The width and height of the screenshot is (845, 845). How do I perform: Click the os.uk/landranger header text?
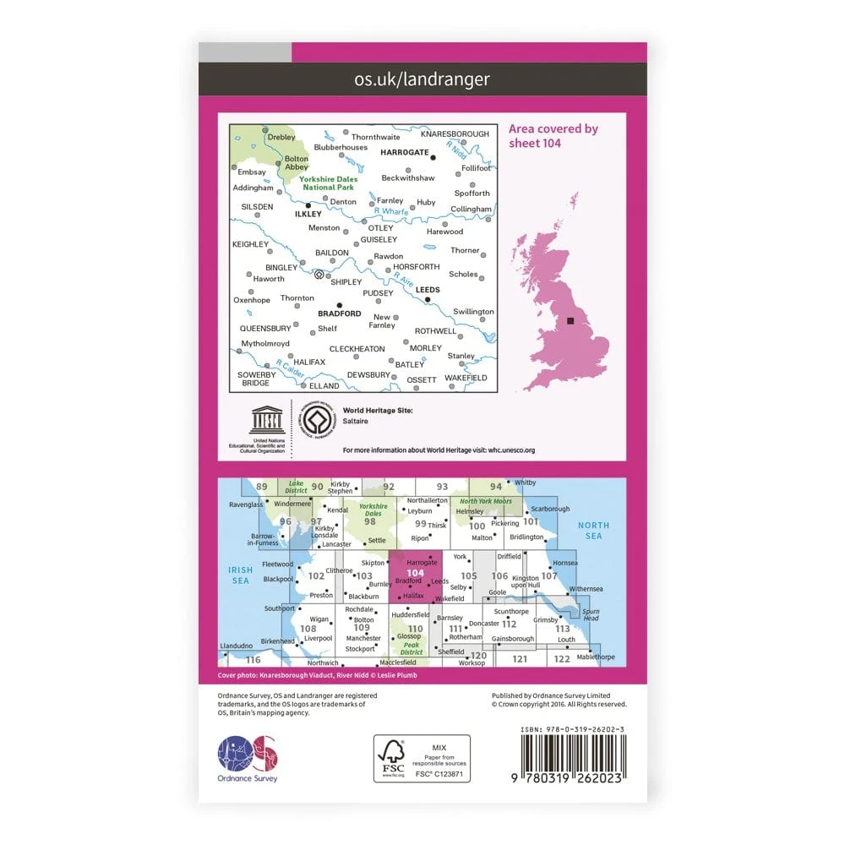422,79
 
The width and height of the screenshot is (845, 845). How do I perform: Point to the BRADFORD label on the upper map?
339,313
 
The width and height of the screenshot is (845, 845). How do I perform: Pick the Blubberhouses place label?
341,147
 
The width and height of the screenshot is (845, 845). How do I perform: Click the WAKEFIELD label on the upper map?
466,378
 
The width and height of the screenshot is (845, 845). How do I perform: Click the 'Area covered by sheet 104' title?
553,135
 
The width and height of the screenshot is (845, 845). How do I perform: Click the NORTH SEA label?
593,531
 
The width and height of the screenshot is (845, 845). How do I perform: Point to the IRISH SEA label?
241,575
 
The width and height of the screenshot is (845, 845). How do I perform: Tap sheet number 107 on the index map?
548,575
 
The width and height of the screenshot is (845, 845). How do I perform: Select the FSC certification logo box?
422,758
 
